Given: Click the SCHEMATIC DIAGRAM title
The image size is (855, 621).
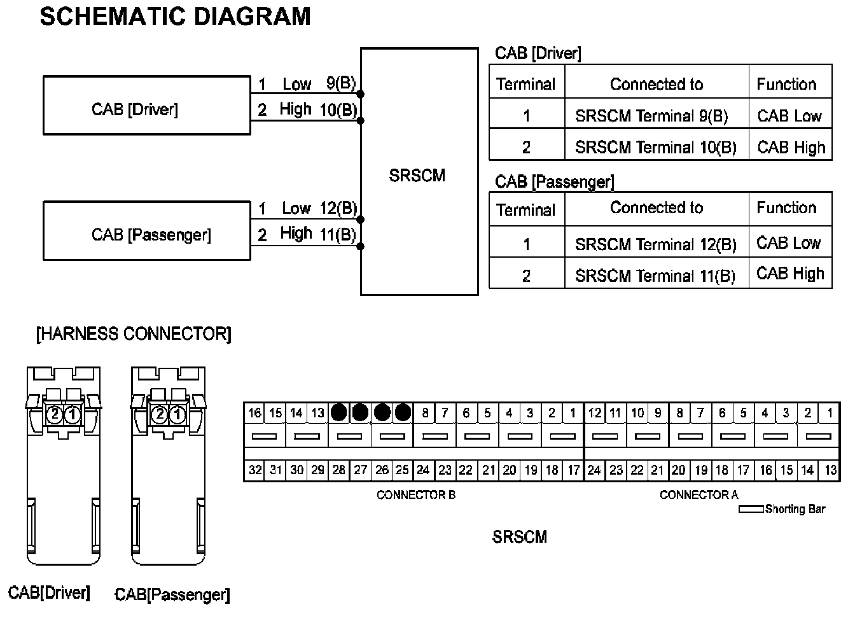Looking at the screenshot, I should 175,17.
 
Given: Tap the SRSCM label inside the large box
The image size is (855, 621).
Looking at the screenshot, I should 417,176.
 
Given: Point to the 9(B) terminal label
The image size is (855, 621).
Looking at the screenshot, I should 341,83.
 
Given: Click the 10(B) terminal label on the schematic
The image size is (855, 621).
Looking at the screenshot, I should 338,110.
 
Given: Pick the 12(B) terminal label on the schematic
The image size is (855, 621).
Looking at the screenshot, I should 338,208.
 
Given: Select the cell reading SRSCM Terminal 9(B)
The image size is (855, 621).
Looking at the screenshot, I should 651,116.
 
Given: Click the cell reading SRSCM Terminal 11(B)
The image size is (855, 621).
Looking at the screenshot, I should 655,276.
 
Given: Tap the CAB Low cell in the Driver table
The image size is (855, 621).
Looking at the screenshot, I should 789,116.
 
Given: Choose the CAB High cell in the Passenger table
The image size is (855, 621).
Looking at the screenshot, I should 790,274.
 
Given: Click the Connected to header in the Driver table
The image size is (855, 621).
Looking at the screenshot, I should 657,84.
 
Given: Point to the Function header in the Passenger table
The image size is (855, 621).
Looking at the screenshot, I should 786,207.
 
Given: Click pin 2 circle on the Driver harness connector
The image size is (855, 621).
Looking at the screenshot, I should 55,415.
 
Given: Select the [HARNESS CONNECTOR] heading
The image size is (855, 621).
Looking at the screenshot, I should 134,334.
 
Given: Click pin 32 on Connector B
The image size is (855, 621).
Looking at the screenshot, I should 255,470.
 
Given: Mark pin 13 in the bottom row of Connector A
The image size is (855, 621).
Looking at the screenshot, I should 830,470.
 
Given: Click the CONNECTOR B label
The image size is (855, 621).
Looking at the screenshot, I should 416,494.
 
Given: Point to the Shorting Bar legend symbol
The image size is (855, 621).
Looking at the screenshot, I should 751,509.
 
